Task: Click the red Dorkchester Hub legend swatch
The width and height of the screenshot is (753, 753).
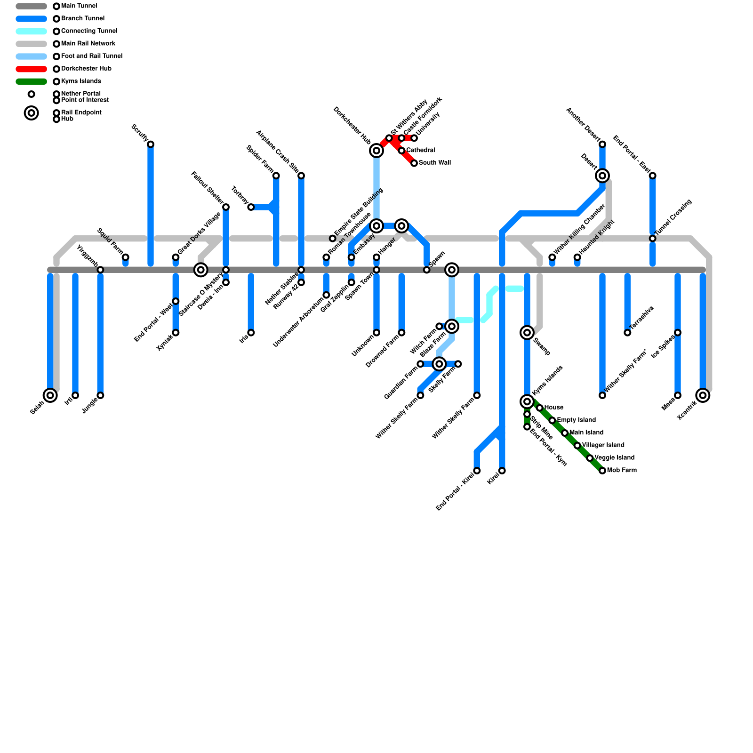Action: point(31,69)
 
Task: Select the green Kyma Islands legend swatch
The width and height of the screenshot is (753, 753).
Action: point(31,81)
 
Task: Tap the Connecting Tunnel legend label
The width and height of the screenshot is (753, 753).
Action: point(89,31)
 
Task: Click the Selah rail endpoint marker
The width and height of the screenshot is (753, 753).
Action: point(50,395)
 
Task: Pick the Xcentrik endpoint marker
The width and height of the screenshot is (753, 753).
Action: point(703,395)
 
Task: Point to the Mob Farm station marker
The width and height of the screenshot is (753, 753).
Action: point(602,471)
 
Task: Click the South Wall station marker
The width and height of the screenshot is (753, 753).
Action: point(414,163)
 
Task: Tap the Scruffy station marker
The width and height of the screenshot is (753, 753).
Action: point(151,144)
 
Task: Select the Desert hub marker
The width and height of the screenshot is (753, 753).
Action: point(602,176)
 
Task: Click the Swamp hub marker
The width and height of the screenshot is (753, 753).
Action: point(527,333)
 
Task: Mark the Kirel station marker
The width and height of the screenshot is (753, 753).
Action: point(502,471)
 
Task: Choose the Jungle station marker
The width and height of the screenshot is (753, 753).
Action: point(100,395)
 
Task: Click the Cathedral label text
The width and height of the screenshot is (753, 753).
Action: point(420,150)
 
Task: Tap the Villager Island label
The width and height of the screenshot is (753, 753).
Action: point(603,445)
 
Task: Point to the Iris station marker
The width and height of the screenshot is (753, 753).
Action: point(251,333)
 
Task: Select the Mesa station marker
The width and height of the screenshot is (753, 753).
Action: point(678,395)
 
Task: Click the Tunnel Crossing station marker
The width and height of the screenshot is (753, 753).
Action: point(653,239)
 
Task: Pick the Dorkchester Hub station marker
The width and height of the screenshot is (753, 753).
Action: point(376,151)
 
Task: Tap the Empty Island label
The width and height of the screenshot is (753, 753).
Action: point(576,420)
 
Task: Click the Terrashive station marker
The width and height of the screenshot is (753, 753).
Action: point(627,333)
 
